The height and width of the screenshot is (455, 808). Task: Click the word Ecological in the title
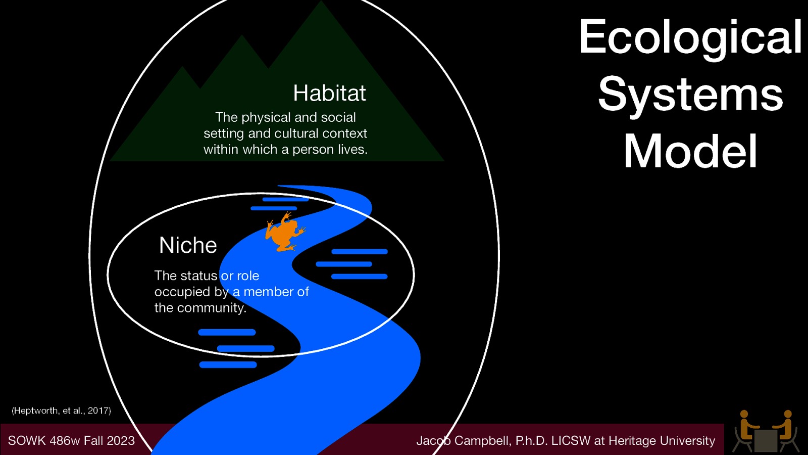[690, 37]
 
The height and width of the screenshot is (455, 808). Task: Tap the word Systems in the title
[690, 95]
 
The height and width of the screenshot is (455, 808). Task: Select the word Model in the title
[690, 152]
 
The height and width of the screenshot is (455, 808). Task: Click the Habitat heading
[329, 94]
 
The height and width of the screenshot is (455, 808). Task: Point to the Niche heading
[188, 246]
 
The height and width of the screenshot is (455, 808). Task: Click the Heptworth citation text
[61, 411]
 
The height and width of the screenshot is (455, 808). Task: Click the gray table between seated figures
[766, 440]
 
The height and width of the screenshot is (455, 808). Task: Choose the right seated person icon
[786, 430]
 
